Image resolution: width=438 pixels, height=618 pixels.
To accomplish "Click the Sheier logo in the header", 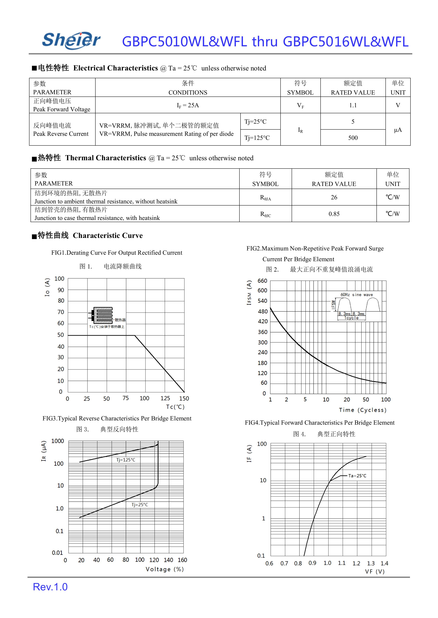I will pos(71,40).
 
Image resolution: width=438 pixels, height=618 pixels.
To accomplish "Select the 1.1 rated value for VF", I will pos(353,105).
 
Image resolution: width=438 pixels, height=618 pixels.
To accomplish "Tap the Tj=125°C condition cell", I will pos(257,138).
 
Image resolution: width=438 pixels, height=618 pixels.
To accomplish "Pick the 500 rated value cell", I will pos(353,138).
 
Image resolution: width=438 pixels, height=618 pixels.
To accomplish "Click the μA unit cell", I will pos(398,130).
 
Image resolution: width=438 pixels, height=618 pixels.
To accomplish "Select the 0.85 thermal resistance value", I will pos(334,214).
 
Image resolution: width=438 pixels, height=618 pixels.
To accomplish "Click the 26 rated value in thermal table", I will pos(334,197).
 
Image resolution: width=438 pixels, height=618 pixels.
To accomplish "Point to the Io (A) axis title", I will pos(47,287).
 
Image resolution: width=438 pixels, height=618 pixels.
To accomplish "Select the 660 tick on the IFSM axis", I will pos(262,281).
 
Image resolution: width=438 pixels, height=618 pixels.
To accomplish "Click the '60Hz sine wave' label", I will pos(357,295).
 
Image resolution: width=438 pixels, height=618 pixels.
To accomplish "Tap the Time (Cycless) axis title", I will pos(363,410).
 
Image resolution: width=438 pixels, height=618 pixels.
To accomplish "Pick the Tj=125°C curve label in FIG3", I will pos(126,460).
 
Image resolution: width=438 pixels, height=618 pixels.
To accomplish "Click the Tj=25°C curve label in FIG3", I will pos(140,505).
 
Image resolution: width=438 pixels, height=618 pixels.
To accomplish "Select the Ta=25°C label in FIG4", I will pos(357,476).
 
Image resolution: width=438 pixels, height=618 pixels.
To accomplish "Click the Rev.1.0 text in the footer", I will pos(50,587).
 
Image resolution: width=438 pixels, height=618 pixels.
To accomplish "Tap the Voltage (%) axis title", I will pos(165,569).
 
